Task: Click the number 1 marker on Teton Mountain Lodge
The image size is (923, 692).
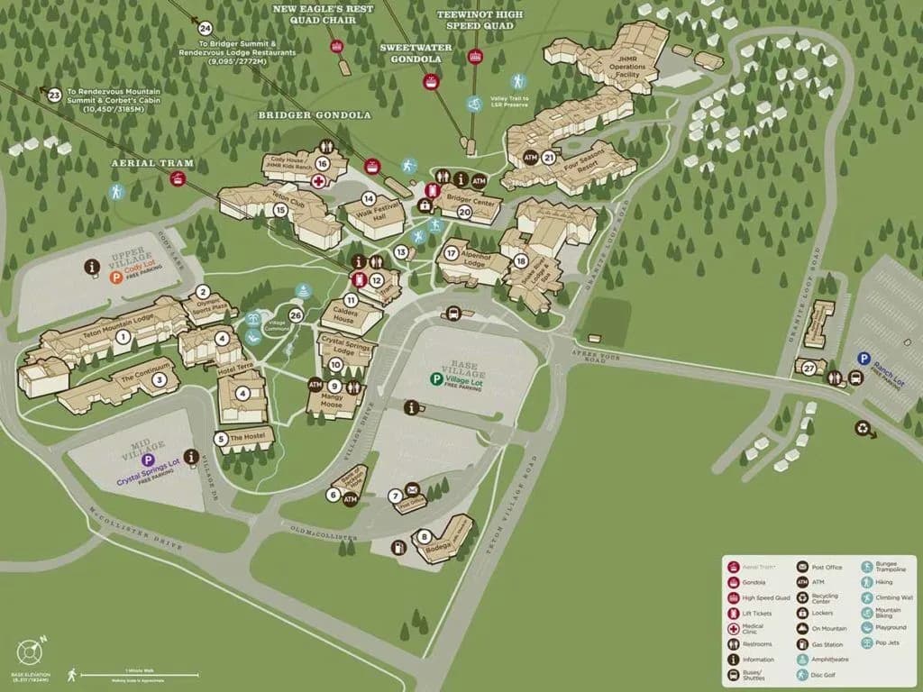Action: pyautogui.click(x=123, y=336)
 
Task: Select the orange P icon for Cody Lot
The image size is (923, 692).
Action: pyautogui.click(x=115, y=278)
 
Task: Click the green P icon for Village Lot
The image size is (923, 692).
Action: pyautogui.click(x=436, y=379)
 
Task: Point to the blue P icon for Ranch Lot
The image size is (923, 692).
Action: pyautogui.click(x=864, y=358)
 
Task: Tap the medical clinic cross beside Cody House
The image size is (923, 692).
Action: pyautogui.click(x=317, y=181)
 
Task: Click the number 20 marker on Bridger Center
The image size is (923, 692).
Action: pyautogui.click(x=464, y=212)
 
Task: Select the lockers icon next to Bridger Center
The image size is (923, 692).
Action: pyautogui.click(x=425, y=205)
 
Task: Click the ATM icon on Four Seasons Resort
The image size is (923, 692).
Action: pyautogui.click(x=531, y=157)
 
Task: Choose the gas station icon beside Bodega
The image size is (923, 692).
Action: pyautogui.click(x=398, y=547)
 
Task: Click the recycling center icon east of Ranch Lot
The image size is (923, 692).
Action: pyautogui.click(x=866, y=430)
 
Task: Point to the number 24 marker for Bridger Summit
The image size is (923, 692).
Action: pyautogui.click(x=206, y=29)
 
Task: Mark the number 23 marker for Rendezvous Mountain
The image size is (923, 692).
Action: pyautogui.click(x=54, y=95)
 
